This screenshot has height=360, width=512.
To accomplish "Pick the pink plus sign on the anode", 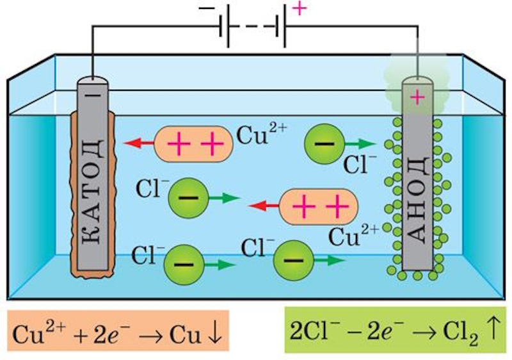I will click(x=417, y=97).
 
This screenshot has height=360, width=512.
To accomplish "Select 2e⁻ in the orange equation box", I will click(x=103, y=334).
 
